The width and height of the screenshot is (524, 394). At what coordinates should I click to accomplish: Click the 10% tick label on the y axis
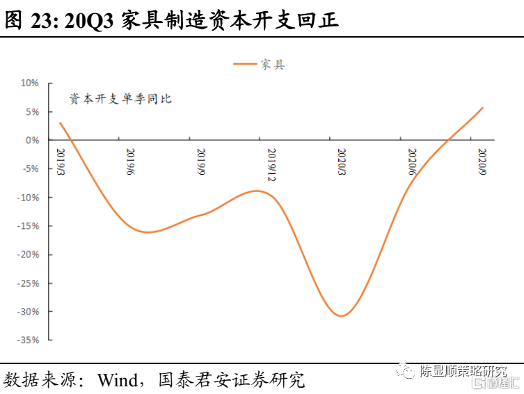[29, 83]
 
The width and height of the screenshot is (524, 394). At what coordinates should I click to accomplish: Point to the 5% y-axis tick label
[31, 111]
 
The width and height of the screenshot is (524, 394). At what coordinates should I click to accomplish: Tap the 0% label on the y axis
[32, 140]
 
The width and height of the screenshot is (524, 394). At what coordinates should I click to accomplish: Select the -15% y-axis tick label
[27, 226]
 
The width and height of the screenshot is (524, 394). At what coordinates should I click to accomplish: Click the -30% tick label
[27, 312]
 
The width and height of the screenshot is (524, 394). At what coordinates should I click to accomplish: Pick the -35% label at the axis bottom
[27, 340]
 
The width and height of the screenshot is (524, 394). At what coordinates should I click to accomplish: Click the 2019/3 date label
[61, 161]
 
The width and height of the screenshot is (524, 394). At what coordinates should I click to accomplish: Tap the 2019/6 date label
[130, 161]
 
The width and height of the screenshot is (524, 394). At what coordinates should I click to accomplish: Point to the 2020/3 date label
[342, 161]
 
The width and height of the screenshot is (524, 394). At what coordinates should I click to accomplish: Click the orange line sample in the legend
[245, 65]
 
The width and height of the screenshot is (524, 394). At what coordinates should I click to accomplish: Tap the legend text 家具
[273, 65]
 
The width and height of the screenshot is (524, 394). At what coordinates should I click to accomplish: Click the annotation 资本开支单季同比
[120, 99]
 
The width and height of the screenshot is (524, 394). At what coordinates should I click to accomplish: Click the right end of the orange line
[483, 108]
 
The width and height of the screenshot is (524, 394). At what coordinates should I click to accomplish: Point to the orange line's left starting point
[60, 123]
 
